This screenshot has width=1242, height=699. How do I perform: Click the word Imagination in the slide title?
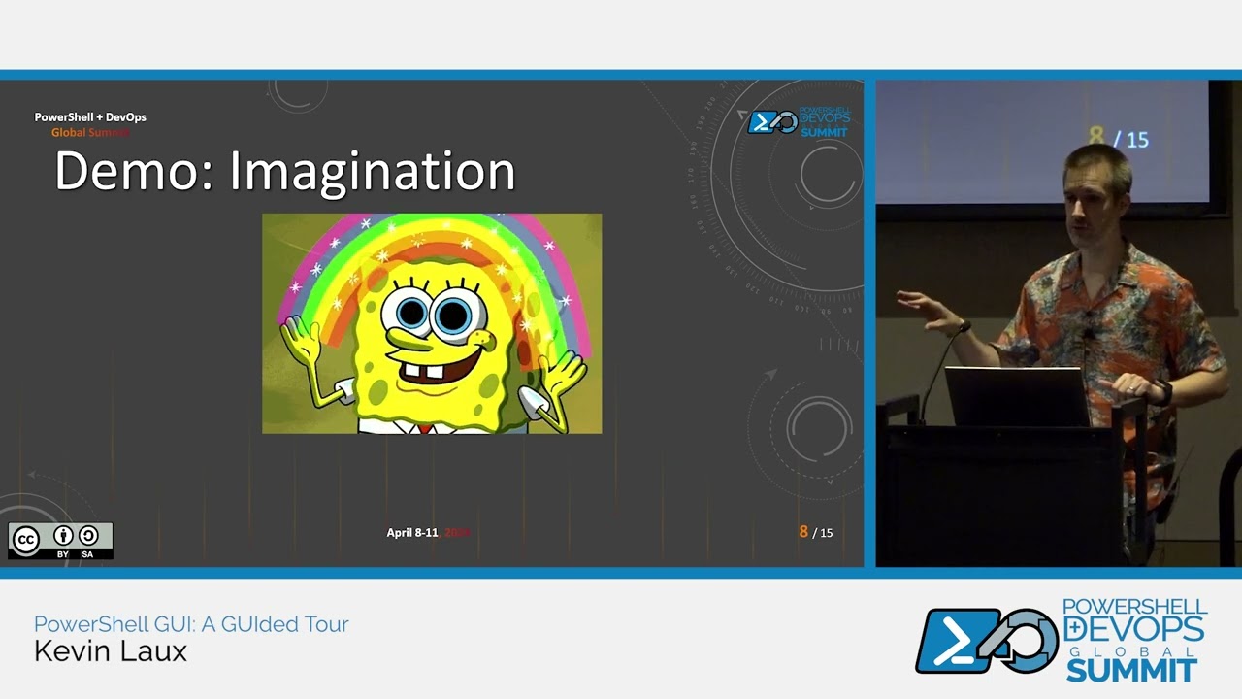(372, 171)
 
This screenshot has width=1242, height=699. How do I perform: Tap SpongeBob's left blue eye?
(411, 313)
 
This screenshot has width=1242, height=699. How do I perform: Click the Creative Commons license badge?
(60, 541)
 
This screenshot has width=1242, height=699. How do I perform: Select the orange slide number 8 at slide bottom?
(802, 532)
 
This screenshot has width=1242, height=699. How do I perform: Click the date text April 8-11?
(412, 533)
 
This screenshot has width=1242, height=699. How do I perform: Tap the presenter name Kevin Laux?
(111, 651)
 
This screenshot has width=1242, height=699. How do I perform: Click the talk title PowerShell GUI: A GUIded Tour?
(191, 624)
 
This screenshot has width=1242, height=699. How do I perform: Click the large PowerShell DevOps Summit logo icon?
(985, 641)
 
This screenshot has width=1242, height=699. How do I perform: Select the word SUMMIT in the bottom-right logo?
(1130, 670)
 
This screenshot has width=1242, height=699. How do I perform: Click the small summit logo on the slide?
(798, 122)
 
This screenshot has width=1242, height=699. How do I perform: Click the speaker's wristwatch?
(1163, 392)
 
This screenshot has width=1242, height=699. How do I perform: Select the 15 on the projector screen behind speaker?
(1137, 141)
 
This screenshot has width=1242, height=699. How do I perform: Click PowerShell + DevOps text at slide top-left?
(90, 117)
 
